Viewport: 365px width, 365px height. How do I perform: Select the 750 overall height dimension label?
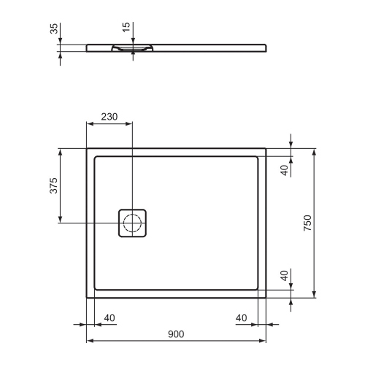(x=307, y=222)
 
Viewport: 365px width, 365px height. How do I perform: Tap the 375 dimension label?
(x=53, y=186)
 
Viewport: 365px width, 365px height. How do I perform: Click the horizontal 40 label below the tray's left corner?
(x=109, y=318)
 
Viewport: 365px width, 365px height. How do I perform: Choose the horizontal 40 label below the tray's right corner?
(x=242, y=318)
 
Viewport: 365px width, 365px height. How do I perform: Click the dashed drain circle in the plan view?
(x=133, y=223)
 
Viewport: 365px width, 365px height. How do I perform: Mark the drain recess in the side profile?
(x=132, y=49)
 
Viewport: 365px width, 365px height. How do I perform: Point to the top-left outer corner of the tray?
(x=87, y=149)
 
